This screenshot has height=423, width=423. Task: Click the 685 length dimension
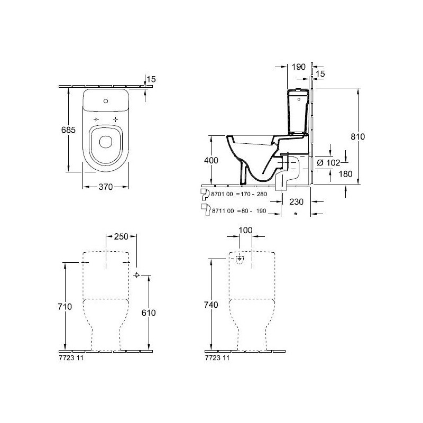tap(68, 130)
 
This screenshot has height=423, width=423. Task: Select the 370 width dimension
tap(105, 187)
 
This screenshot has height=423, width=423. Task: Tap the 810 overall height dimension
tap(358, 136)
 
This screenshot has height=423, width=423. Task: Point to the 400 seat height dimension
tap(211, 160)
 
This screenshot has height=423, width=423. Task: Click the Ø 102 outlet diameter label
tap(328, 163)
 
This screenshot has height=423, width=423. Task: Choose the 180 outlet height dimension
tap(345, 174)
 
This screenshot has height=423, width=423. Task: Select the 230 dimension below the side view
tap(296, 201)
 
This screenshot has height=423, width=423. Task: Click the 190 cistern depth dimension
tap(299, 67)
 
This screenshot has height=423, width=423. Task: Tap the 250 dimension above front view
tap(121, 236)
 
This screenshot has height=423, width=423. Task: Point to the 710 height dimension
tap(65, 307)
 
